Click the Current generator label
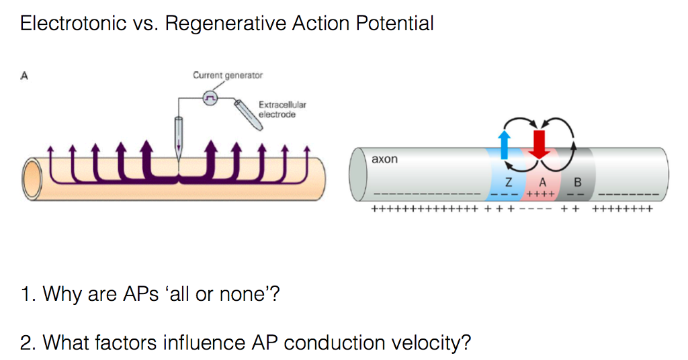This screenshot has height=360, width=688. [228, 75]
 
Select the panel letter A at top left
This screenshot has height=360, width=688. [24, 76]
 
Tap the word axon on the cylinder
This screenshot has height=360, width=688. [384, 159]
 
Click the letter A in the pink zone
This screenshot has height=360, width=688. [542, 181]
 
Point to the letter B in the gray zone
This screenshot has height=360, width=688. [577, 181]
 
